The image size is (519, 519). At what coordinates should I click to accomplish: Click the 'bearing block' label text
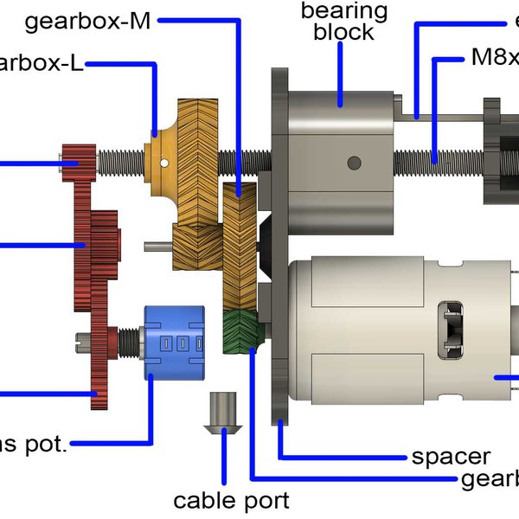coord(343,22)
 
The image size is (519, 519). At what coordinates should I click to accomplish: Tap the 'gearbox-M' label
coord(88,22)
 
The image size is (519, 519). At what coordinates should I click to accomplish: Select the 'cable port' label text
coord(231,499)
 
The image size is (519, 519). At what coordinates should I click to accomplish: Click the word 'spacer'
coord(451,456)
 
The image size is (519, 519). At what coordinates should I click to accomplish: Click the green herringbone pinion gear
coord(241,332)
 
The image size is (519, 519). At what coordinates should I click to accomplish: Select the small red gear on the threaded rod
coord(77,159)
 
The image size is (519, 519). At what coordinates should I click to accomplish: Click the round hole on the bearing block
coord(352,162)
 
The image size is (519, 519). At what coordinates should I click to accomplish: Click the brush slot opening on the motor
coord(452,329)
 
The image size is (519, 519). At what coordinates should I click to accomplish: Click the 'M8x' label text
coord(494,58)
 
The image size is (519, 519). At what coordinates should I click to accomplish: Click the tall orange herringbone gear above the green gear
coord(239,247)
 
